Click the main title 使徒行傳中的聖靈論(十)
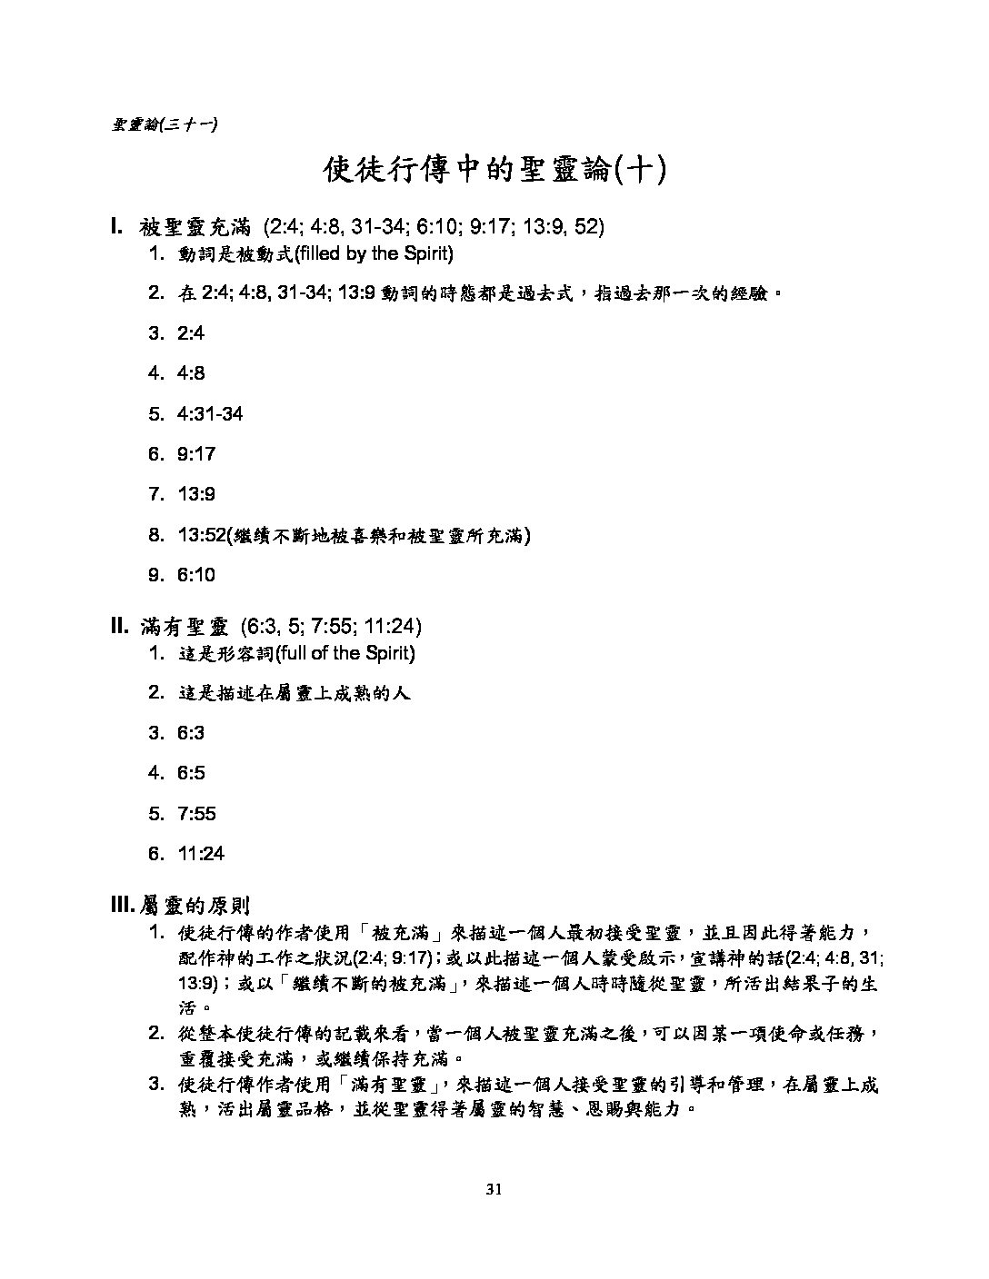click(x=494, y=169)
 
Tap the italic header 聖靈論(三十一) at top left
click(x=164, y=124)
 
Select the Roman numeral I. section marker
click(x=117, y=226)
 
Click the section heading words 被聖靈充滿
click(x=195, y=227)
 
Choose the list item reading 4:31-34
click(x=210, y=414)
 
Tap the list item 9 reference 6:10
click(x=196, y=575)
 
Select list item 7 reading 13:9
click(x=196, y=494)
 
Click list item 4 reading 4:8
click(x=191, y=373)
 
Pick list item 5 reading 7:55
click(x=196, y=814)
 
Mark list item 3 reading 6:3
click(x=191, y=733)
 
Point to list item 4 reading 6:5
click(x=191, y=773)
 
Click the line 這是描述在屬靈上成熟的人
click(x=295, y=693)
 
